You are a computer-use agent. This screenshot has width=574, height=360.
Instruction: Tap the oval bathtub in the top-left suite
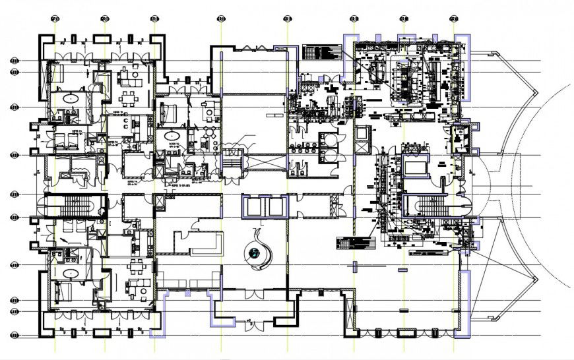pyautogui.click(x=69, y=98)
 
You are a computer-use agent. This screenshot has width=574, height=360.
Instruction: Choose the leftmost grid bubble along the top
pyautogui.click(x=55, y=18)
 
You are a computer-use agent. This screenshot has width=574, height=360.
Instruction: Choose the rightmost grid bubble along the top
pyautogui.click(x=454, y=18)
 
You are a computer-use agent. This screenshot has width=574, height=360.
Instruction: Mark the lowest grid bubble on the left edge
pyautogui.click(x=14, y=336)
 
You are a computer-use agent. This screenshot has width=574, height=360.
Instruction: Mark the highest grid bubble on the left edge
pyautogui.click(x=14, y=61)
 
